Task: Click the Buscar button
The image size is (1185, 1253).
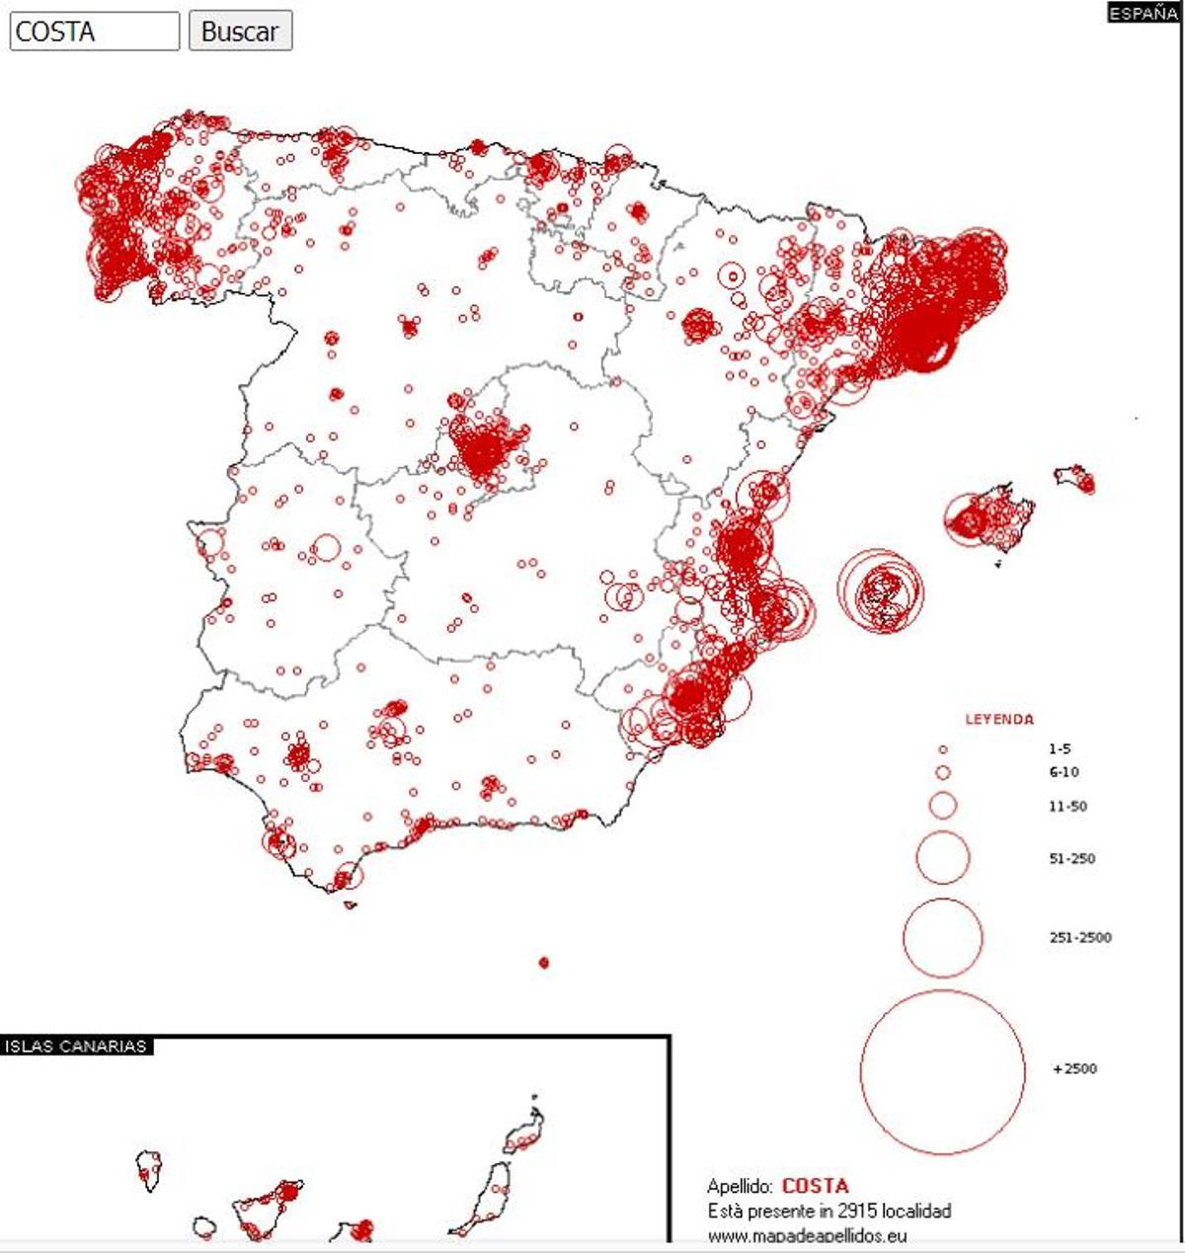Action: pos(240,32)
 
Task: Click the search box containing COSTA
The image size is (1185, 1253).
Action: pos(95,32)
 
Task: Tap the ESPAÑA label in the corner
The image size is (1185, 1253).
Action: pos(1143,14)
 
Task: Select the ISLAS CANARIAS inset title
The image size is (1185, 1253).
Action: pos(75,1047)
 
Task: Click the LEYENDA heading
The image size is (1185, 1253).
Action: pos(999,720)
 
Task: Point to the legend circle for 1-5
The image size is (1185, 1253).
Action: pos(943,750)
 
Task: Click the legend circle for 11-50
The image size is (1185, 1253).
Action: pos(943,806)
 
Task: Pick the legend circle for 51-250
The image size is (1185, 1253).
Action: pos(943,857)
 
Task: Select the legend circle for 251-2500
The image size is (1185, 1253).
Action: pos(943,937)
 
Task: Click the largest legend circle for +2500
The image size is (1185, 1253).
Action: pos(943,1071)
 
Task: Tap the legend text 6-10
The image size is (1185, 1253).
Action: pos(1064,772)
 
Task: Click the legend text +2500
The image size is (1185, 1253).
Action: pos(1074,1069)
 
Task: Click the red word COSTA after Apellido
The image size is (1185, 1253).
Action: pos(815,1186)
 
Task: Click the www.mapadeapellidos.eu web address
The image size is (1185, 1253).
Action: pos(807,1234)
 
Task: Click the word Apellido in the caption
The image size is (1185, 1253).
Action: pos(739,1187)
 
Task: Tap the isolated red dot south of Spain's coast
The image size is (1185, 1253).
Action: pos(544,963)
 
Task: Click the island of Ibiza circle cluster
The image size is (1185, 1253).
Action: pos(880,591)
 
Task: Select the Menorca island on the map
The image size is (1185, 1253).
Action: pos(1075,478)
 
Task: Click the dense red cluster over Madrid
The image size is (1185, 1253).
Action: pos(484,454)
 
